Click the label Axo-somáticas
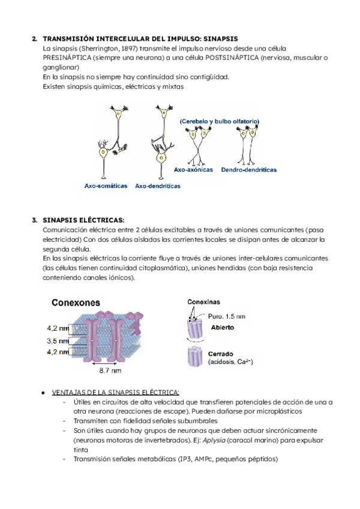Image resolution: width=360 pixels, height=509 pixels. tap(106, 186)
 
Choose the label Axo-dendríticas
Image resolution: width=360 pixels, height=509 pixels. tap(157, 186)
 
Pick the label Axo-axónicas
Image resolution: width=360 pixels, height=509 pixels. tap(193, 170)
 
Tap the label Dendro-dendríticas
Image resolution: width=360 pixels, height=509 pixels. tap(248, 170)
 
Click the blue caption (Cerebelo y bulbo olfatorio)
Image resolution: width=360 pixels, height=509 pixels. tap(218, 121)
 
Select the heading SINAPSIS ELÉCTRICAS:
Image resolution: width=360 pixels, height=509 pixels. tap(83, 220)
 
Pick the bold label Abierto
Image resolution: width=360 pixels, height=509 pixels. tap(222, 328)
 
